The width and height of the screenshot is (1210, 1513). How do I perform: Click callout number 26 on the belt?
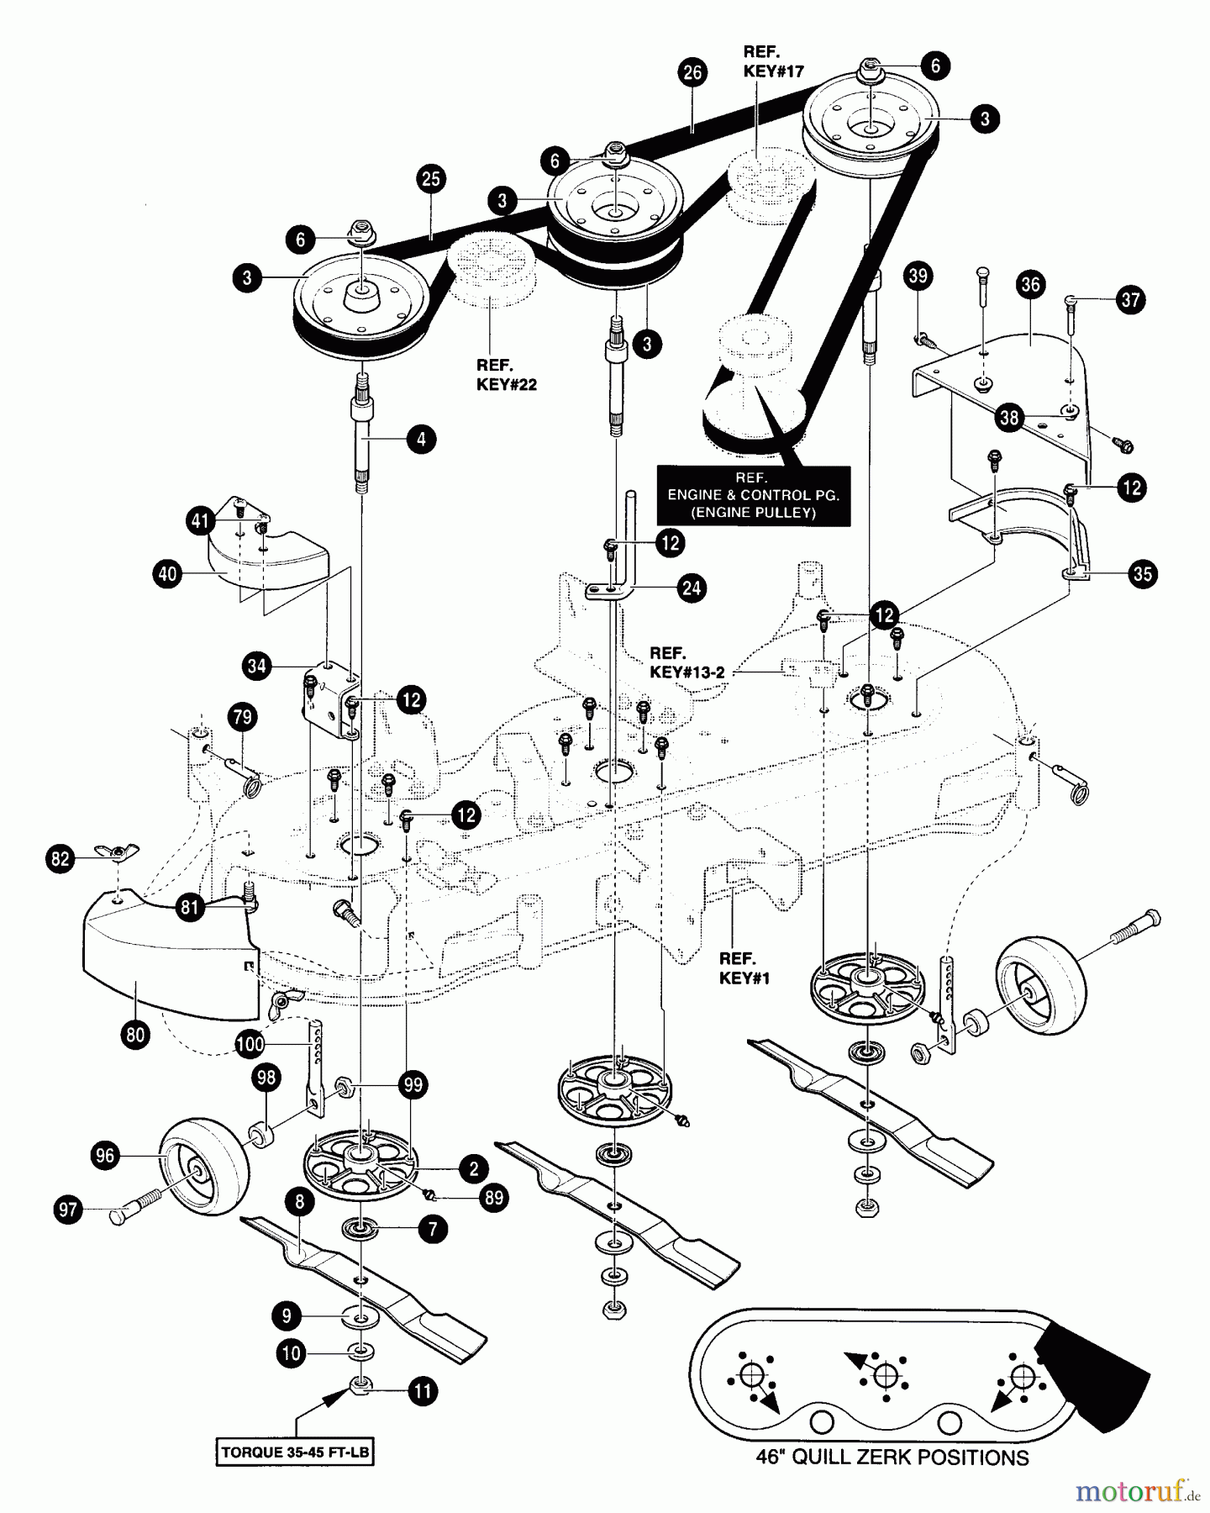point(692,73)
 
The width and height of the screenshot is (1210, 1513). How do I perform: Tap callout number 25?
point(430,179)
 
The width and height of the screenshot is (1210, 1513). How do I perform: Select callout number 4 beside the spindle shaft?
point(421,438)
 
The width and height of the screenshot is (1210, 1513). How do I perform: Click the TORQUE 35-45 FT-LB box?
point(295,1451)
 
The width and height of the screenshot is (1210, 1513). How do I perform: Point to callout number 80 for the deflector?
point(135,1035)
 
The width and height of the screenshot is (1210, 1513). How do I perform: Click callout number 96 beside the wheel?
point(104,1156)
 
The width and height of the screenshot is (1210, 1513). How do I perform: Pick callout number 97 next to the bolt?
point(68,1210)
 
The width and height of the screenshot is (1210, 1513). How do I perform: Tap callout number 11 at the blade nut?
point(423,1391)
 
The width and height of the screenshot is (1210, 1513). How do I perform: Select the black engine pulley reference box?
point(753,495)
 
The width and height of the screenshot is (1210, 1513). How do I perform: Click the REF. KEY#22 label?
point(506,375)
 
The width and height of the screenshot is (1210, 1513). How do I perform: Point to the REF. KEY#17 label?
point(773,61)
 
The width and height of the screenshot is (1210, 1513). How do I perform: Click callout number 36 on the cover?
point(1030,285)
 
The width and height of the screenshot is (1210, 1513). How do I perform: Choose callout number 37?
point(1131,300)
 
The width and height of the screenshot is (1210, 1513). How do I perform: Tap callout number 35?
point(1142,574)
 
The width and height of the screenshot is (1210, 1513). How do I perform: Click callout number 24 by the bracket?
point(691,588)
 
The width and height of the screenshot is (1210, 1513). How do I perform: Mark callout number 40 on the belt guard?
point(168,574)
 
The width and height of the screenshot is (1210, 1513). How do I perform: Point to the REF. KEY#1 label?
point(738,967)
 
